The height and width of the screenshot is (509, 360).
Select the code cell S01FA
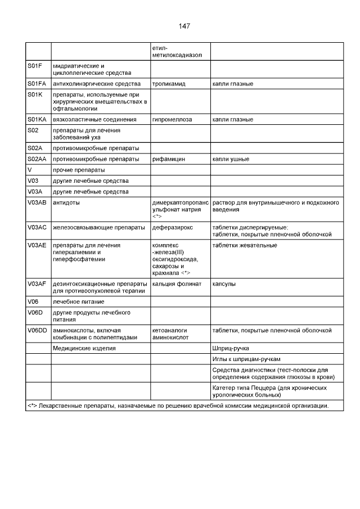click(x=37, y=84)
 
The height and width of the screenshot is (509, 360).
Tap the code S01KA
click(x=37, y=120)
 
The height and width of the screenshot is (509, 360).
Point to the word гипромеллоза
click(x=172, y=120)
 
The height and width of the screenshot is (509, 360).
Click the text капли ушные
click(x=231, y=159)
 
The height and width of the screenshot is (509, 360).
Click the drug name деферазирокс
click(x=173, y=228)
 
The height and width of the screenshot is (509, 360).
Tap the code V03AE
click(x=37, y=245)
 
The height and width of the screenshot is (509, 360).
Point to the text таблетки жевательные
click(x=245, y=245)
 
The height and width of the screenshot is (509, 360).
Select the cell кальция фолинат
click(x=177, y=284)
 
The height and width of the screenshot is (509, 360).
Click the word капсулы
click(x=224, y=284)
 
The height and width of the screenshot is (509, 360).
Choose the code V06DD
click(x=37, y=330)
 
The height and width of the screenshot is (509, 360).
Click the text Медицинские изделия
click(x=84, y=349)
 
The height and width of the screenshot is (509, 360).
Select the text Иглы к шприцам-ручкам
click(x=246, y=359)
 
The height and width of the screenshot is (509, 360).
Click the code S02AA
click(x=37, y=159)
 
